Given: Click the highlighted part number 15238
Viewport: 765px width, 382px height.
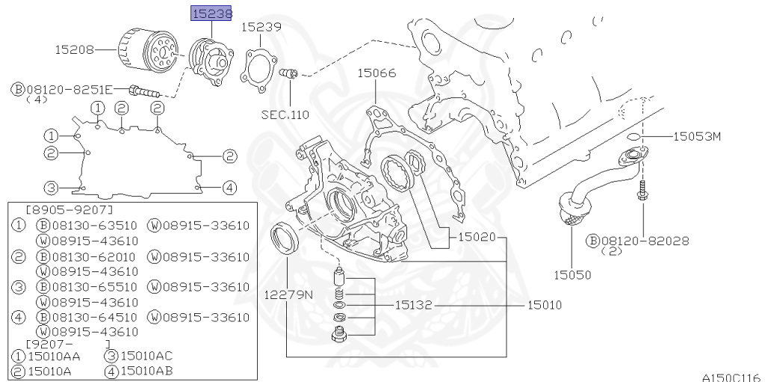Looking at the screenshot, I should point(212,13).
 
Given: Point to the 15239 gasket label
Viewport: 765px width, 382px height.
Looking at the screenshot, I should point(261,27).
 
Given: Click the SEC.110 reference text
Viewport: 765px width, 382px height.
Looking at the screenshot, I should point(285,114).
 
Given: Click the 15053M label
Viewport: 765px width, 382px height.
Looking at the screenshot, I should point(699,136).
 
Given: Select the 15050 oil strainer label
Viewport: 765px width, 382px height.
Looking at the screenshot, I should point(572,274).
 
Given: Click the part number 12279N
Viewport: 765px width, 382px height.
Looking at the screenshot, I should point(288,295).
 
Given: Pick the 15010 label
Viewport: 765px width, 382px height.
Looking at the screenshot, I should point(545,305).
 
